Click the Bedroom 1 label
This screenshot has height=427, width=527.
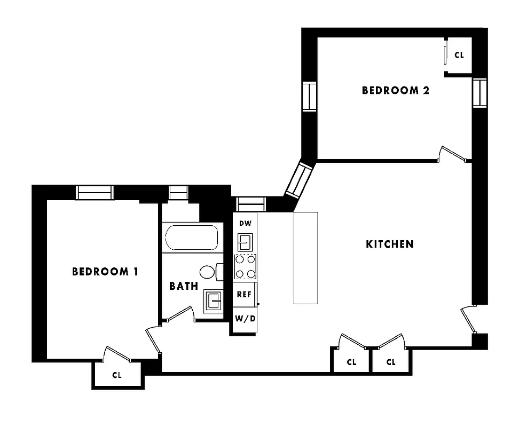coord(105,272)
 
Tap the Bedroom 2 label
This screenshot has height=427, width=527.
coord(396,90)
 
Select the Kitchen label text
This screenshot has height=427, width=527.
coord(390,244)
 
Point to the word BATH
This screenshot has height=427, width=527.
coord(184,286)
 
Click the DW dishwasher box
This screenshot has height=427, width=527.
coord(245,223)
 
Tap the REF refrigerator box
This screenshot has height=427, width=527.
coord(245,294)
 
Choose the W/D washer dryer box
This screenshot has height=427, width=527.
coord(245,319)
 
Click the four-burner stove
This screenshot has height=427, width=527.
coord(245,267)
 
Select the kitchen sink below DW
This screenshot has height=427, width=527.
coord(245,242)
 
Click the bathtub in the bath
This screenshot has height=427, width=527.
coord(192,238)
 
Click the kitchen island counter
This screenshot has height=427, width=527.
coord(305,258)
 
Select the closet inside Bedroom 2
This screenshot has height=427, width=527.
coord(459,55)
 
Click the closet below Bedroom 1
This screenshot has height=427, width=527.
coord(117,375)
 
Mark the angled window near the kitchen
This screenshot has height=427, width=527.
coord(299,180)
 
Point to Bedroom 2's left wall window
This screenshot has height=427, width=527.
coord(309,97)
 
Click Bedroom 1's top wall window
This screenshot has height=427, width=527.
coord(95,192)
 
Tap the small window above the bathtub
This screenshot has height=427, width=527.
coord(178,192)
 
